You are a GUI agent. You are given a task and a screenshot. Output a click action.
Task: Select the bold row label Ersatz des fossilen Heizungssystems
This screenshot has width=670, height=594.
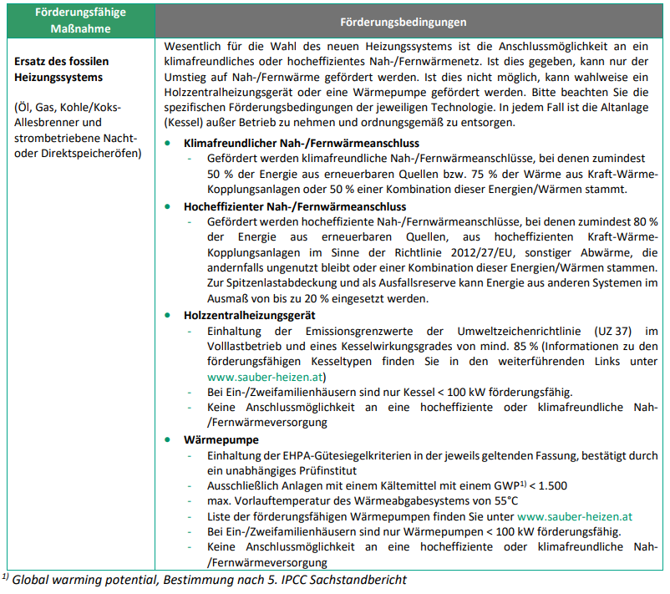coord(62,69)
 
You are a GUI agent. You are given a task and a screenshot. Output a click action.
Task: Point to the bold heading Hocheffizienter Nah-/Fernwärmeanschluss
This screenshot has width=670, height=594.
coord(295,206)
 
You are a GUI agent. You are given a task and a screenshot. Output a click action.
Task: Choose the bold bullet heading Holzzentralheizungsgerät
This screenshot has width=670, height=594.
coord(250,316)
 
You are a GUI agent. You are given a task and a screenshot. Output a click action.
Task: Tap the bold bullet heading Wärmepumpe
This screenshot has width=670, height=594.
coord(221,439)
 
